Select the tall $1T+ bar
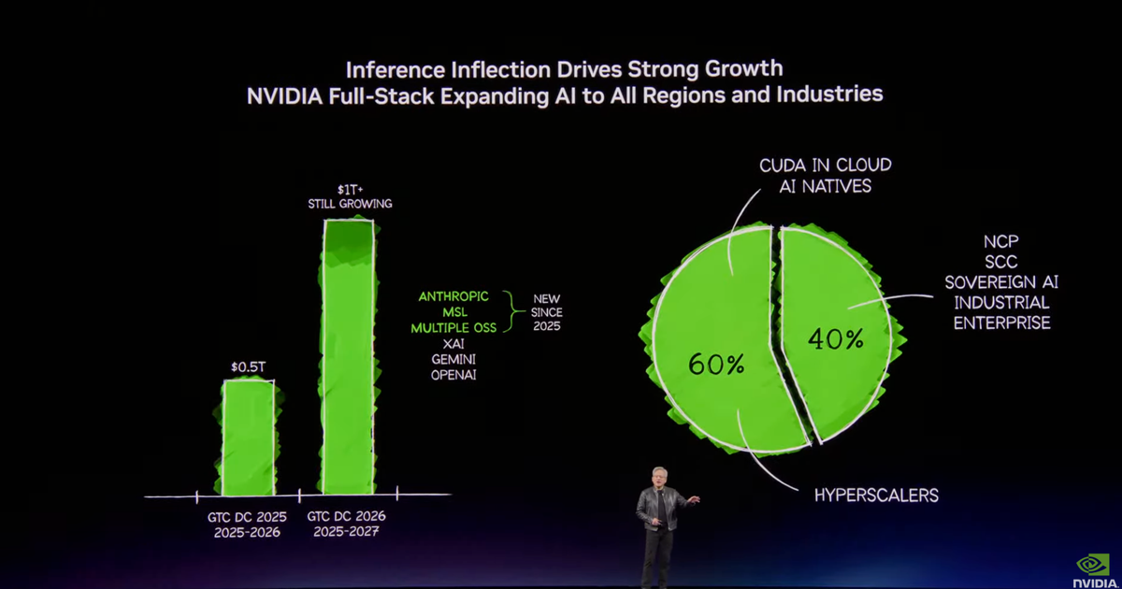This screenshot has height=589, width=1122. pos(348,355)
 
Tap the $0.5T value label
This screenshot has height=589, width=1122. pos(249,366)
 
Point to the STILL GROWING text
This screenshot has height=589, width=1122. pos(351,204)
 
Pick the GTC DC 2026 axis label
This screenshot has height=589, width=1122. pos(347,516)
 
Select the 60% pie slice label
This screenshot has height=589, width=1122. pos(716,365)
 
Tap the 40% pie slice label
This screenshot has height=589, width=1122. pos(836,339)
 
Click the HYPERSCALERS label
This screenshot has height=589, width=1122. pos(876,495)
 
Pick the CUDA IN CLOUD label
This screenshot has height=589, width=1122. pos(825,165)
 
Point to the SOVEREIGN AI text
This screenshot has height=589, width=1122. pos(1001,282)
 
